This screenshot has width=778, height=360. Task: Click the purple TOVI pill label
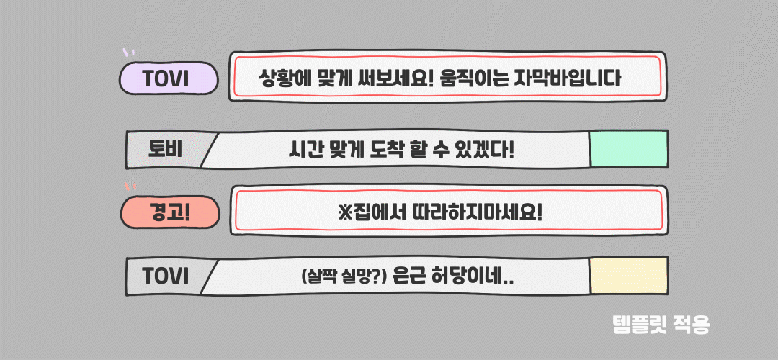[169, 78]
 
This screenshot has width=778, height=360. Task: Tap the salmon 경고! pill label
[169, 212]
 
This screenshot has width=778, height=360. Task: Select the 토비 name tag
[165, 150]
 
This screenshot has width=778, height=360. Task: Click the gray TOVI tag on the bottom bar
[166, 276]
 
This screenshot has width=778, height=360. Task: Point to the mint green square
[628, 150]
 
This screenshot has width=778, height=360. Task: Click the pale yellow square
[628, 276]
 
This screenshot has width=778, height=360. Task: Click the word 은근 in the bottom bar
[411, 277]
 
